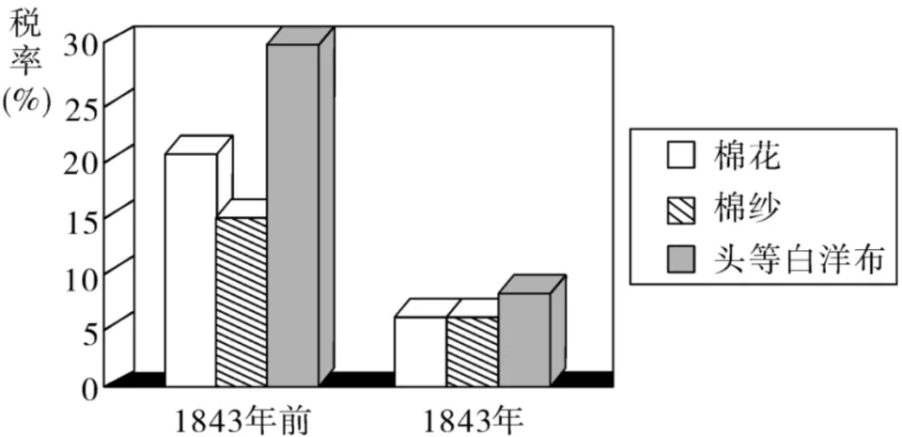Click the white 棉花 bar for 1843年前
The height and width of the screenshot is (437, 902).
(191, 270)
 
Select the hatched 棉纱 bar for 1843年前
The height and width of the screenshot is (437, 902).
(241, 302)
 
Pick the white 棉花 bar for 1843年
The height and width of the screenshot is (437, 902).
(421, 351)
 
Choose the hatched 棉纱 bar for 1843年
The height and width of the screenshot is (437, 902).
(473, 351)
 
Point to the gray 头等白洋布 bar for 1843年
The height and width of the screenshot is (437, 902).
(524, 339)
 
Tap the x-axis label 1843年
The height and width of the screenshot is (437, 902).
(474, 422)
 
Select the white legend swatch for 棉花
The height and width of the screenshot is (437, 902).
(681, 156)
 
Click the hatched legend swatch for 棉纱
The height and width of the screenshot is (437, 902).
(681, 210)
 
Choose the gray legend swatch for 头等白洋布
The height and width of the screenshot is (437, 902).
(681, 260)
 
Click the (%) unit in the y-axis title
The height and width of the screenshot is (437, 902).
(26, 103)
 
